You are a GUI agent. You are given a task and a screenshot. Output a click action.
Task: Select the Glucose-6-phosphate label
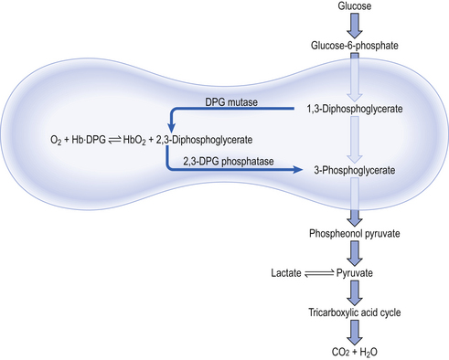(x=353, y=44)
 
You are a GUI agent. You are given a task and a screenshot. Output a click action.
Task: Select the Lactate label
(x=287, y=273)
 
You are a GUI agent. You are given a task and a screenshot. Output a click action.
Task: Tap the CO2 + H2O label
(x=354, y=350)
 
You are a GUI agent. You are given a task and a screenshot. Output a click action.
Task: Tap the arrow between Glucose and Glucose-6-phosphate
(x=354, y=24)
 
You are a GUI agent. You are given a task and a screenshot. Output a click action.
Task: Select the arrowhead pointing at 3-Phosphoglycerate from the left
(x=297, y=170)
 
